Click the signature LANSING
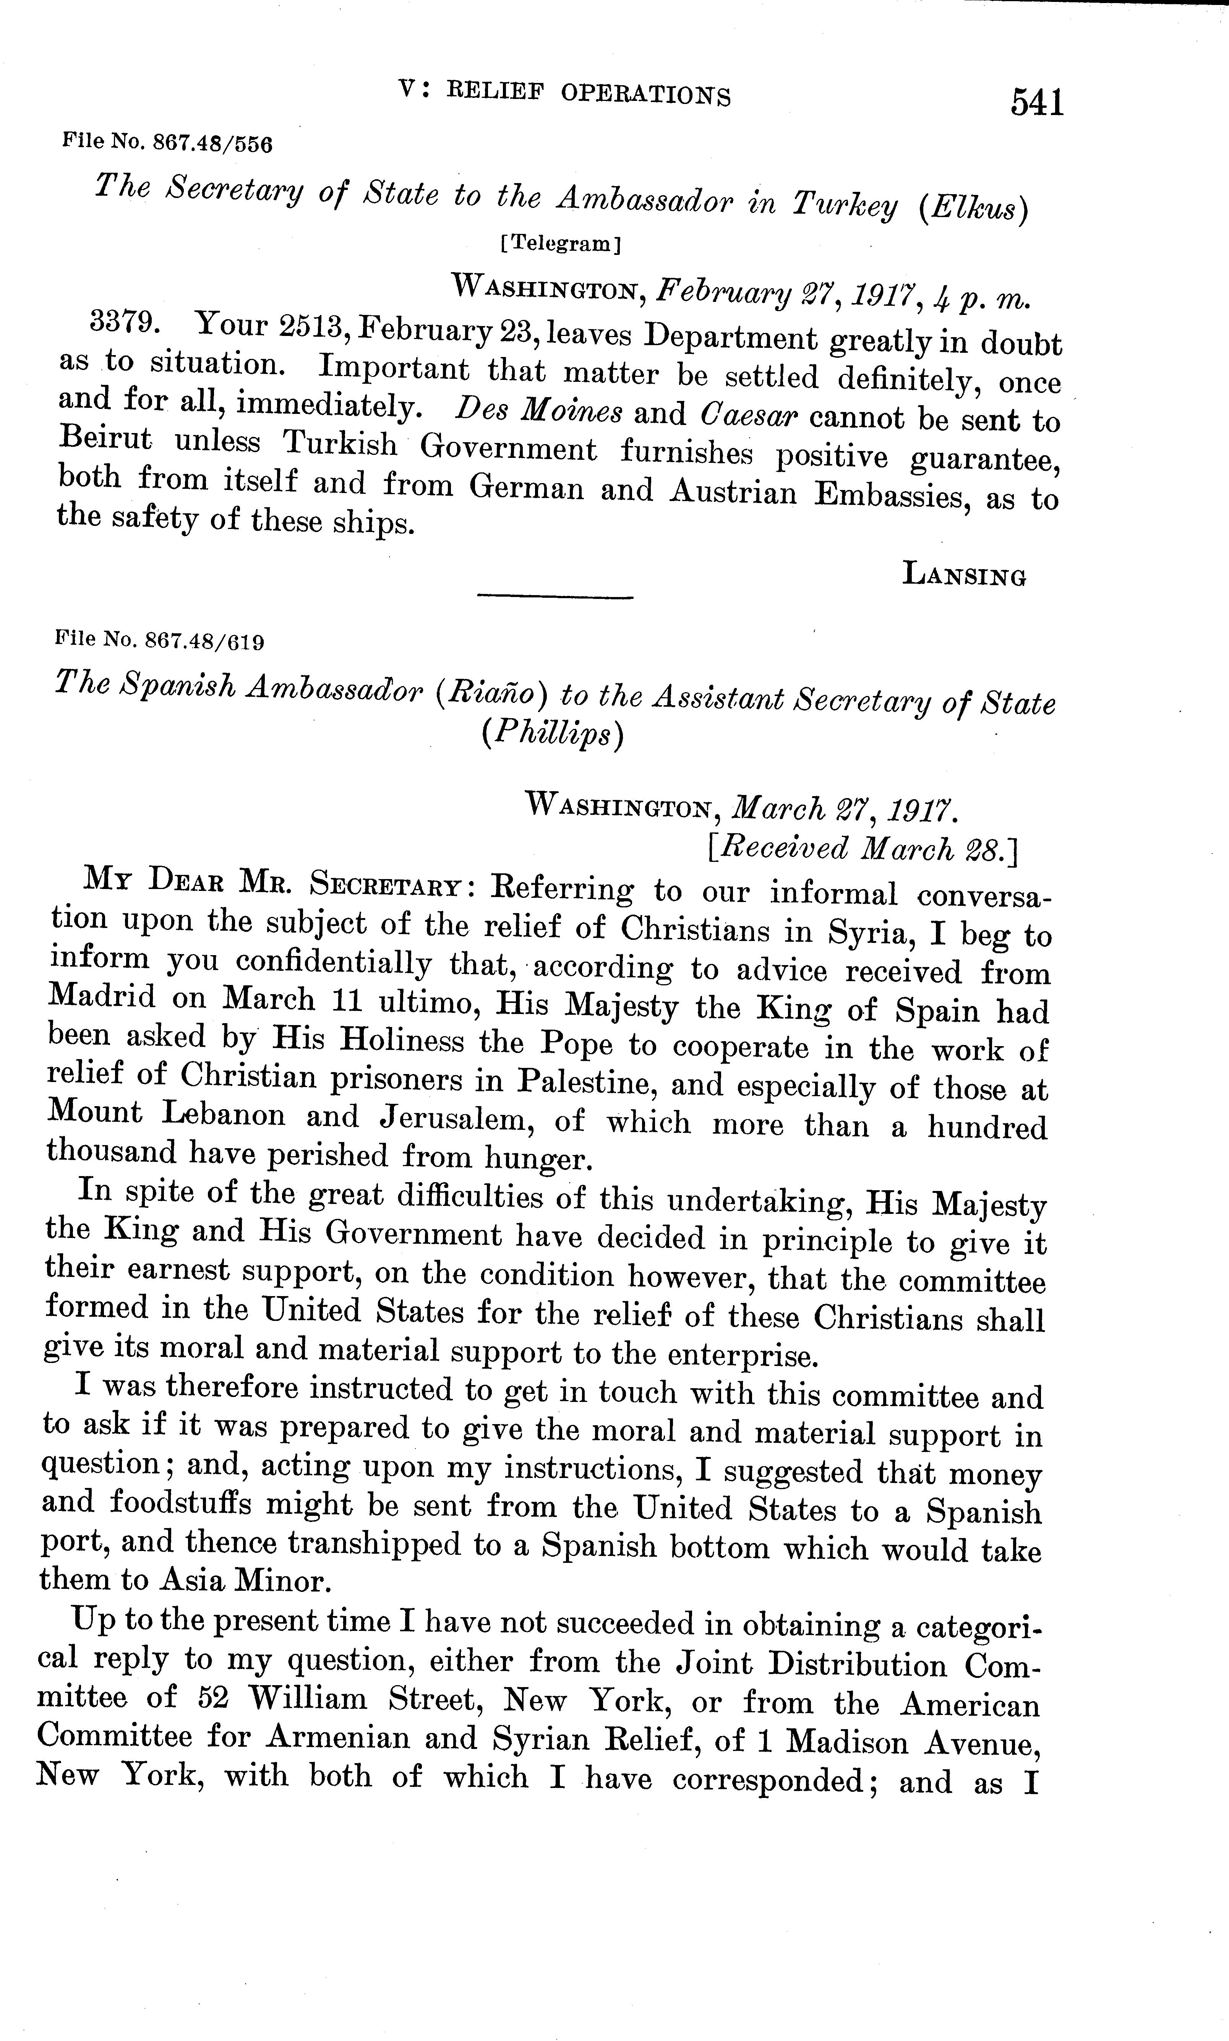964,574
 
